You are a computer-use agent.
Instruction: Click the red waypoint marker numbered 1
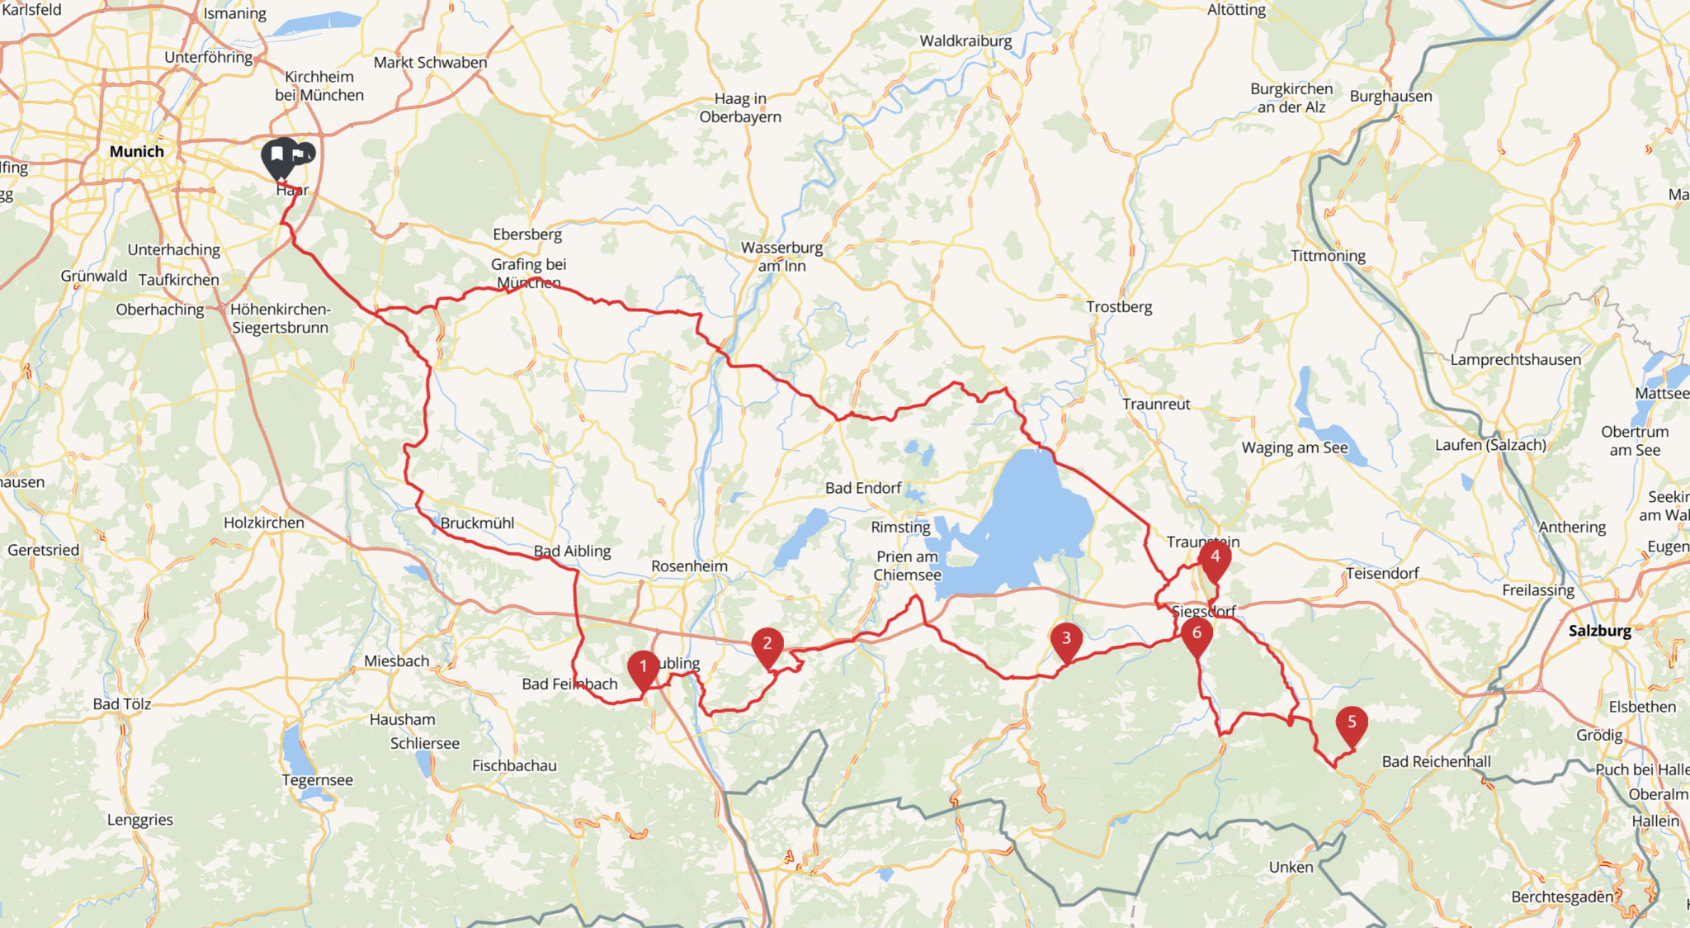[x=643, y=668]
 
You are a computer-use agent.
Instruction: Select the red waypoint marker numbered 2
[x=767, y=645]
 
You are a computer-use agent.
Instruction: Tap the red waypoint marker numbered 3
[x=1066, y=639]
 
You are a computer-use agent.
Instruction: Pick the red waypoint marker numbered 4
[x=1215, y=557]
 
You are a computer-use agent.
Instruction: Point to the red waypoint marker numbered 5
[x=1352, y=722]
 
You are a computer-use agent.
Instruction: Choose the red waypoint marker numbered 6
[x=1197, y=634]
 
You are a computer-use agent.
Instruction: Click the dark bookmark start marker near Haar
[x=278, y=156]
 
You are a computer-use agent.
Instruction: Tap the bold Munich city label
[x=137, y=151]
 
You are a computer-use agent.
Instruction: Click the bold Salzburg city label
[x=1600, y=631]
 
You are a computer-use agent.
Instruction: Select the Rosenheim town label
[x=689, y=566]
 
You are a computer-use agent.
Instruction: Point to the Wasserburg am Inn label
[x=781, y=256]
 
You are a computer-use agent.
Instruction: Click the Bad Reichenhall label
[x=1436, y=761]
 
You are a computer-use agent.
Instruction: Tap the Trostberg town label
[x=1119, y=306]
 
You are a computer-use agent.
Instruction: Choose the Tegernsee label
[x=317, y=780]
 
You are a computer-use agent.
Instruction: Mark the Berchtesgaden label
[x=1562, y=897]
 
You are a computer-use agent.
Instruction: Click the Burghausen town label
[x=1390, y=96]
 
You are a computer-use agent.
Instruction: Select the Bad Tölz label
[x=122, y=703]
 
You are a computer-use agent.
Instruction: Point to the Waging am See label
[x=1294, y=447]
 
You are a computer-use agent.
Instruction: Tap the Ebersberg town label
[x=527, y=234]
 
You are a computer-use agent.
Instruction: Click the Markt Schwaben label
[x=430, y=62]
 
